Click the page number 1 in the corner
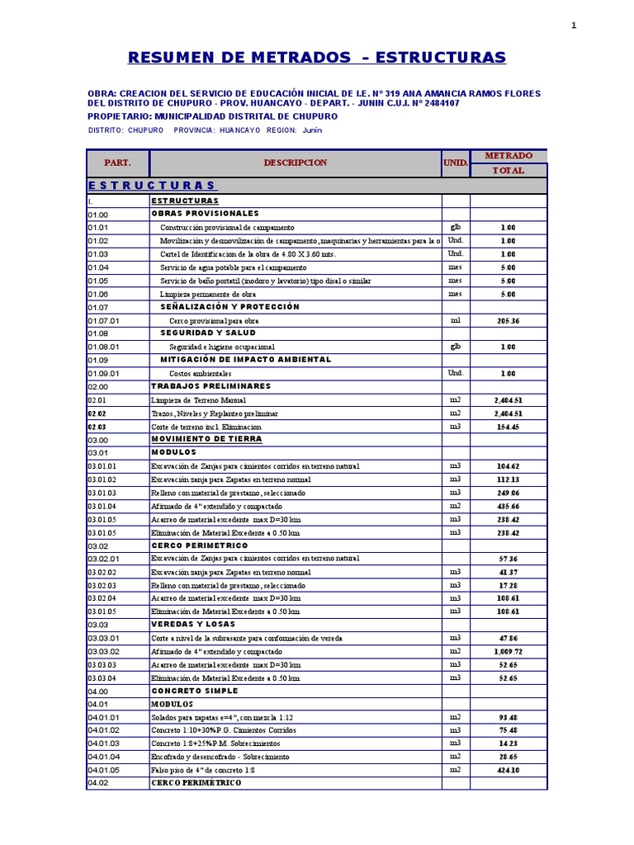(x=574, y=26)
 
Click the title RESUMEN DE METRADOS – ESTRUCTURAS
(x=317, y=57)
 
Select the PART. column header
(x=117, y=163)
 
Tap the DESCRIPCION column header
(x=296, y=163)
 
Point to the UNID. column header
(x=456, y=163)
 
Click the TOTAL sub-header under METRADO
(x=508, y=170)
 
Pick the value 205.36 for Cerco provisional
(x=508, y=320)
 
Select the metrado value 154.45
(x=508, y=427)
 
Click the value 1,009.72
(x=508, y=651)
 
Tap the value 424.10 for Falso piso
(x=508, y=769)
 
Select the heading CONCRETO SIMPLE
(x=195, y=691)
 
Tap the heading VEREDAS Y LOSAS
(x=192, y=625)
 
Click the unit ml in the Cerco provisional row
(x=455, y=320)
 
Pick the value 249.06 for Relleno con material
(x=508, y=493)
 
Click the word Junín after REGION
(x=311, y=130)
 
